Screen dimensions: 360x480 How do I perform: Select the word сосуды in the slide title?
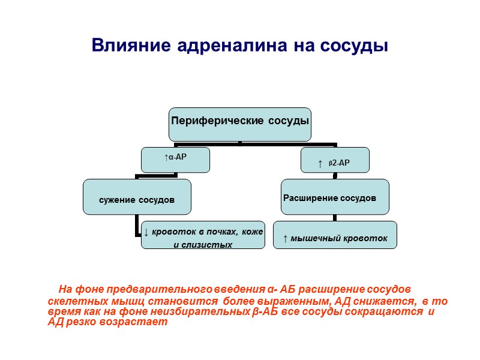(358, 46)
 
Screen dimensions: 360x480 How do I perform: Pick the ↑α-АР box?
(176, 159)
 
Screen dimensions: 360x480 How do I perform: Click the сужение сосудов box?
(137, 197)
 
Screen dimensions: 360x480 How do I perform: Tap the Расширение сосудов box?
(335, 196)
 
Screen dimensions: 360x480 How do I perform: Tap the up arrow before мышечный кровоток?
(285, 239)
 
